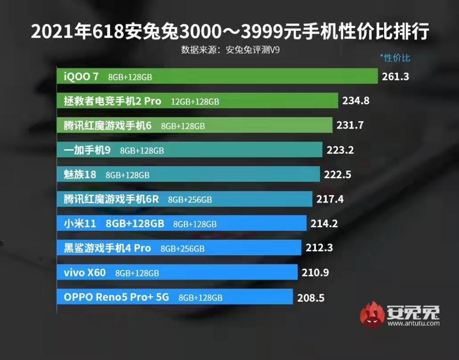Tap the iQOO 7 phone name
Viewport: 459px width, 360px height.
[x=81, y=77]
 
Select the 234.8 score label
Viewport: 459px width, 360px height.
[x=356, y=101]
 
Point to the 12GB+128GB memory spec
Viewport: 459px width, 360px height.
[x=195, y=101]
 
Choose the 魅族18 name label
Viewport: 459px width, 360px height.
[x=80, y=174]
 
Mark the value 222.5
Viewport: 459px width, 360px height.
[x=337, y=174]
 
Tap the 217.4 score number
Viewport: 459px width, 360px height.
[x=330, y=199]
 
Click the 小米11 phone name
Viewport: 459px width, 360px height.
[x=80, y=224]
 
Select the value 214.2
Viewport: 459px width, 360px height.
[x=324, y=224]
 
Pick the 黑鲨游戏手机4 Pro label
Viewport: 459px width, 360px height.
[x=107, y=248]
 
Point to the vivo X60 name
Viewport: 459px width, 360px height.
[x=85, y=273]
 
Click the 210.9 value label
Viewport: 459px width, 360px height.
[x=315, y=273]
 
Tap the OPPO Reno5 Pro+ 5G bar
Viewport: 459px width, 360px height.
[x=174, y=297]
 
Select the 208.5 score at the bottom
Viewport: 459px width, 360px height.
[x=311, y=298]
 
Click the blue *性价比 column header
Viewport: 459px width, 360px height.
[x=395, y=58]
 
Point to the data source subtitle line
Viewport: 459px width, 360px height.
[x=230, y=50]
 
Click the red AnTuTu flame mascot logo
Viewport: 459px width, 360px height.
[x=372, y=315]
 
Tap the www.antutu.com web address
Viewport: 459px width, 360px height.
[x=413, y=323]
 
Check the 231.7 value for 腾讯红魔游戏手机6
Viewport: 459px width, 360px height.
[x=349, y=125]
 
